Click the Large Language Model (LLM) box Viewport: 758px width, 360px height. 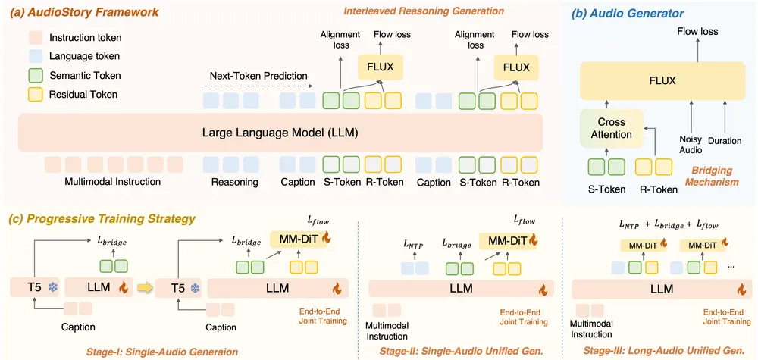(280, 133)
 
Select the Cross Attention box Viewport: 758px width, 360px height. (611, 127)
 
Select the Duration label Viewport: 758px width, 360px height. (725, 141)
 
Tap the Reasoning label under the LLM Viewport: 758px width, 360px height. (236, 182)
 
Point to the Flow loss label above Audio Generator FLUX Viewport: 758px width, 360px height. (697, 32)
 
